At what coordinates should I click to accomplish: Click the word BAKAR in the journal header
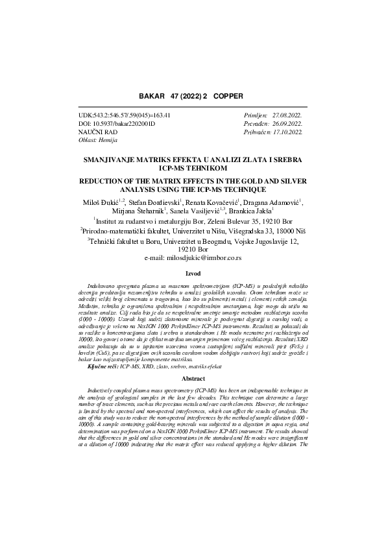click(154, 95)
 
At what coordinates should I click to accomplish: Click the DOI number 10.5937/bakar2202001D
click(121, 123)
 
